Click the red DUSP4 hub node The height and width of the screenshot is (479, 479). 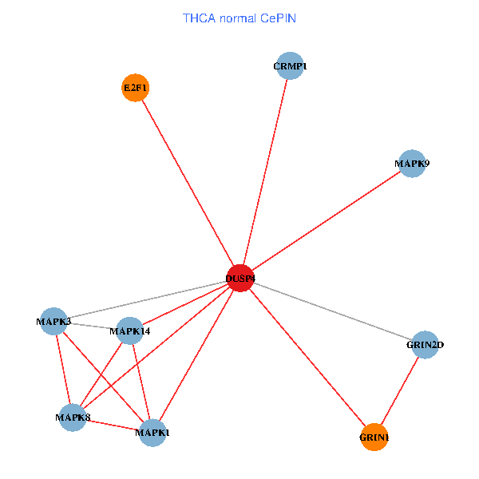click(240, 279)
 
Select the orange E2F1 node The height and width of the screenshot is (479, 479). click(136, 88)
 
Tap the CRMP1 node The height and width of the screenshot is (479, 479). click(291, 65)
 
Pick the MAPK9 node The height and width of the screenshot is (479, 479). click(412, 164)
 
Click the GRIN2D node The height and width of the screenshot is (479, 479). click(425, 345)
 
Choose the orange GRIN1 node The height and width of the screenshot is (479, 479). click(374, 437)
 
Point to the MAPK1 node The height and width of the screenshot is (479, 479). click(152, 433)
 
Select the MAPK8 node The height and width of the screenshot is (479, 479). click(73, 418)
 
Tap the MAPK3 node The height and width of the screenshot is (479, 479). click(53, 322)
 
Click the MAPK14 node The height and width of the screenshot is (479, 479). click(130, 331)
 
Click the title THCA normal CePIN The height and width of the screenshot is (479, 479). click(239, 18)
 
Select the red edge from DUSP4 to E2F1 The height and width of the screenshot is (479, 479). click(188, 184)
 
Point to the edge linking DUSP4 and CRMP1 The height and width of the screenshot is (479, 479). click(265, 172)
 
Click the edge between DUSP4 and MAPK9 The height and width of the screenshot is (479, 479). click(327, 221)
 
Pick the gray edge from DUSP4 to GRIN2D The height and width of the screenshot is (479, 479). click(333, 311)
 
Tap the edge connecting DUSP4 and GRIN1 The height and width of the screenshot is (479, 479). click(307, 358)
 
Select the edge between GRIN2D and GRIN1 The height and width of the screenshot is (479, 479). click(400, 390)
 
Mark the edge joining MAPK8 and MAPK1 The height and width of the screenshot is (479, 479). click(113, 425)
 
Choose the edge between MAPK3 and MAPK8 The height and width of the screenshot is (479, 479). click(63, 370)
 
